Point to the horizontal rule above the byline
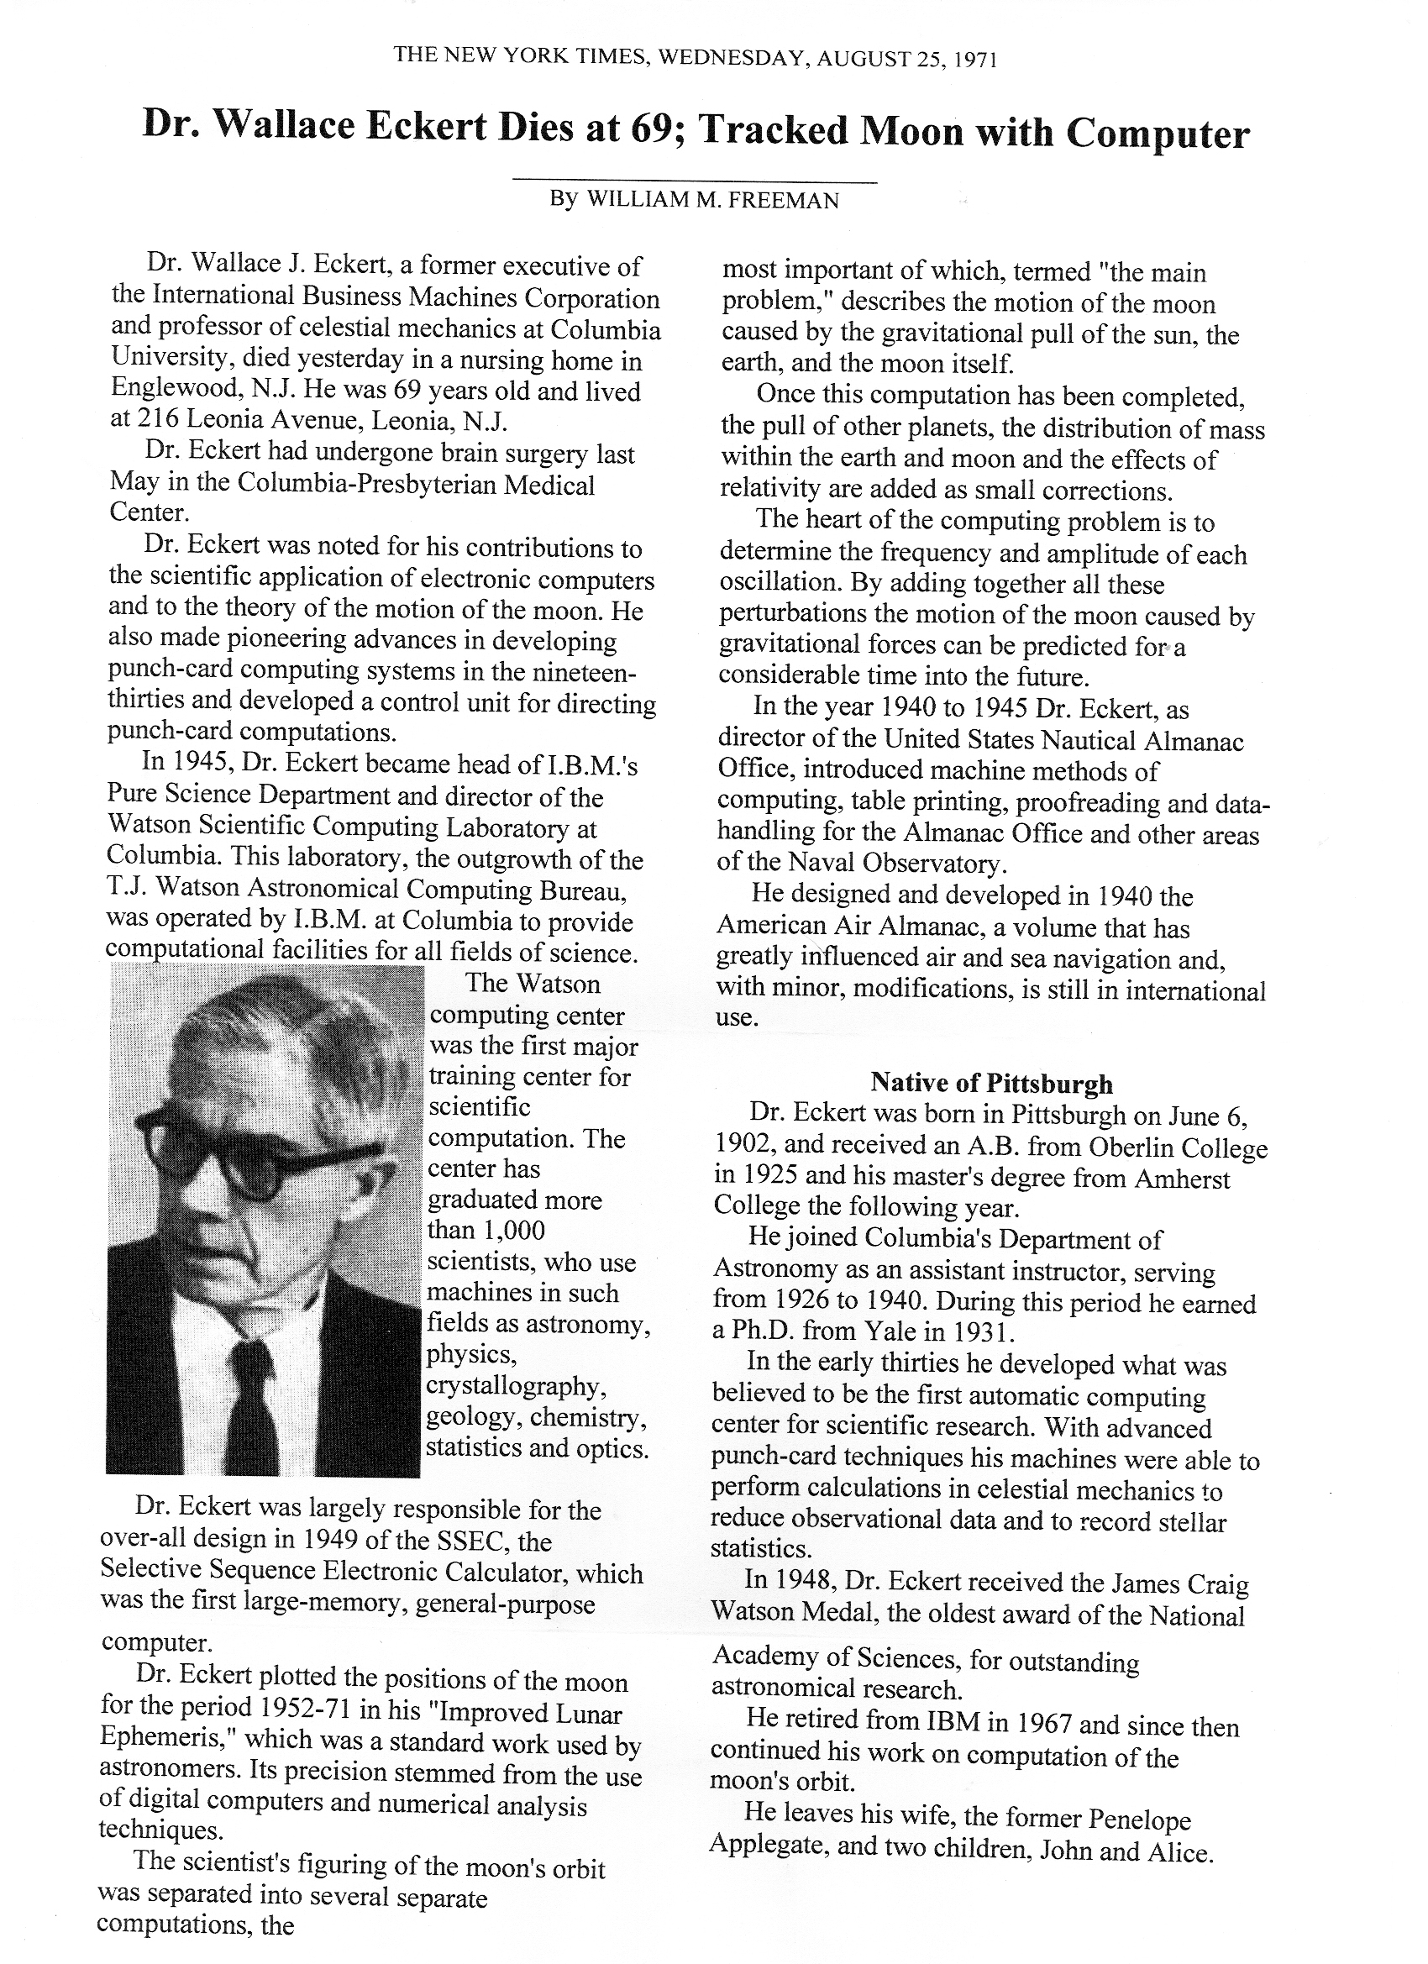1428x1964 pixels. point(696,181)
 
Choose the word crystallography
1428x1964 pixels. point(516,1385)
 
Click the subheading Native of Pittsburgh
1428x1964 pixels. point(991,1084)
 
